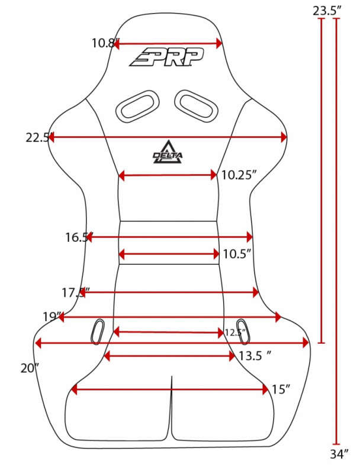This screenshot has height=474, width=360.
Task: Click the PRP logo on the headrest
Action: point(167,57)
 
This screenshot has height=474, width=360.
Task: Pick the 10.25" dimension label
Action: point(239,175)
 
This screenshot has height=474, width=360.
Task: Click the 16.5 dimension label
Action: point(77,238)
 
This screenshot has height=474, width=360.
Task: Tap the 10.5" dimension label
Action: point(238,254)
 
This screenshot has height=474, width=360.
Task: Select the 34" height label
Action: point(338,455)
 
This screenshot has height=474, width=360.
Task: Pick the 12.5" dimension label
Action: point(235,332)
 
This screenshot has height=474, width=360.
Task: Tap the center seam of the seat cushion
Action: point(172,409)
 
